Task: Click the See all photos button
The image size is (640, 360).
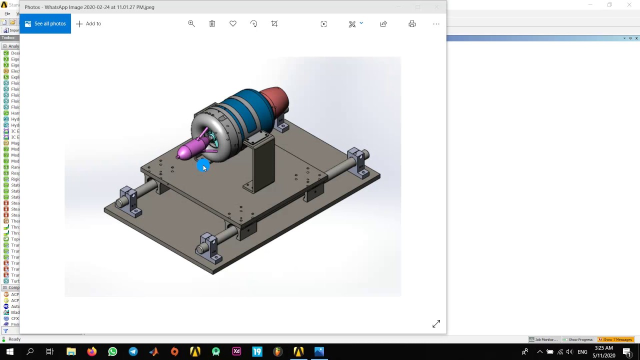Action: click(45, 23)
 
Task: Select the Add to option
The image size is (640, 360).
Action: click(88, 23)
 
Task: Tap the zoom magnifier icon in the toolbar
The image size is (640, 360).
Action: click(191, 23)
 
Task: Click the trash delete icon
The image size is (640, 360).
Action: click(212, 23)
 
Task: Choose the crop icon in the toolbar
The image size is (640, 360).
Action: click(274, 23)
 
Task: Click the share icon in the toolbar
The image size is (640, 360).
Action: click(383, 23)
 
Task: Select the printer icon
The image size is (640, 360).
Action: click(412, 23)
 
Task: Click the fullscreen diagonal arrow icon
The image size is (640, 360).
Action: click(436, 324)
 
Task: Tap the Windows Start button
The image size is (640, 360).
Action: click(9, 351)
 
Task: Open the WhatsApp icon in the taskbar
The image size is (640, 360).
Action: click(112, 351)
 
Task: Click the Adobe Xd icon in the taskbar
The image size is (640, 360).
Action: click(236, 351)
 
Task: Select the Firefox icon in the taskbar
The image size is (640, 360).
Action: click(91, 351)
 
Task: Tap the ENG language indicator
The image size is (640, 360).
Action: click(582, 351)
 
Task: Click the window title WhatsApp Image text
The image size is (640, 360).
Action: click(89, 7)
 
